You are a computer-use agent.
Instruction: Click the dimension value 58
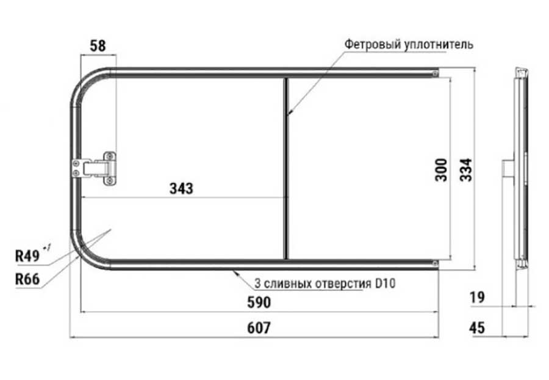point(97,45)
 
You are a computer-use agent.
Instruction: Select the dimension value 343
point(181,188)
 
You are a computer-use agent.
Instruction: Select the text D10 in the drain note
point(385,284)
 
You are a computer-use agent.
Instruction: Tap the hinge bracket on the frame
point(96,167)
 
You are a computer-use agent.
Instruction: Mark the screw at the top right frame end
point(434,74)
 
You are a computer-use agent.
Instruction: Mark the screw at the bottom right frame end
point(434,263)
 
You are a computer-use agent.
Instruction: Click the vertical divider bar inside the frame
point(285,169)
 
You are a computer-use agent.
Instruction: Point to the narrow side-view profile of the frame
point(520,169)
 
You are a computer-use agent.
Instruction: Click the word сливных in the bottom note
point(289,284)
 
